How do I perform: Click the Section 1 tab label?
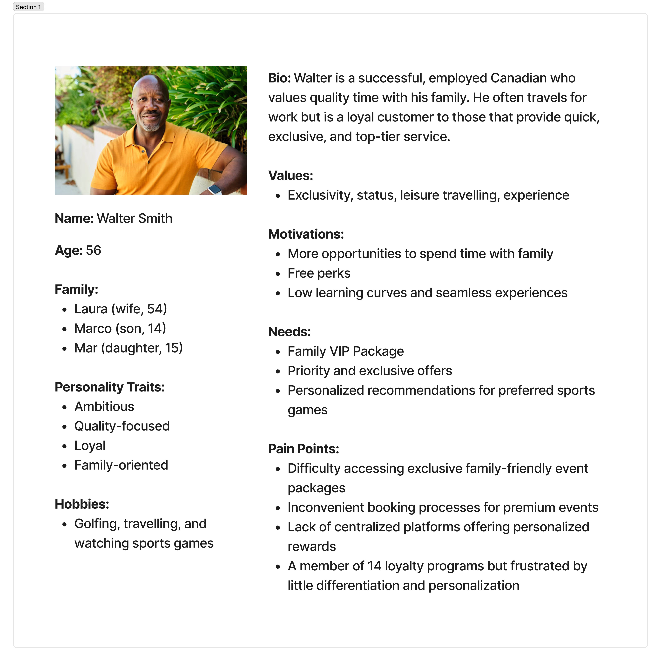click(28, 7)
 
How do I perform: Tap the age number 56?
click(93, 250)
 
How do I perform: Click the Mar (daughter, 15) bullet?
click(128, 348)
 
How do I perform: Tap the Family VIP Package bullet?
click(346, 351)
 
